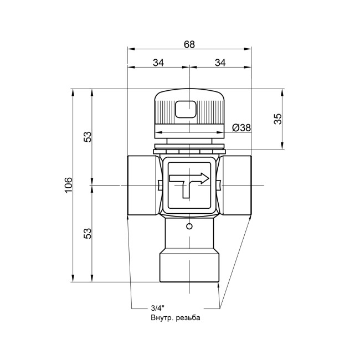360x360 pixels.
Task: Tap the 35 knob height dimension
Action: [278, 118]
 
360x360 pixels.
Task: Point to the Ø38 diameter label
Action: [241, 127]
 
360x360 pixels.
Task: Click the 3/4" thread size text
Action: [158, 308]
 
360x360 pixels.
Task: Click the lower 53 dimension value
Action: [87, 233]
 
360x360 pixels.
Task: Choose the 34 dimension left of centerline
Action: [158, 63]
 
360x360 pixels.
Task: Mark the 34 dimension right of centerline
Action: [220, 63]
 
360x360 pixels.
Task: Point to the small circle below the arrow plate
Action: [189, 227]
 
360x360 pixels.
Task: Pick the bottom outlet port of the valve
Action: [189, 266]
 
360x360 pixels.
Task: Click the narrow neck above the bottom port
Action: [189, 235]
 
